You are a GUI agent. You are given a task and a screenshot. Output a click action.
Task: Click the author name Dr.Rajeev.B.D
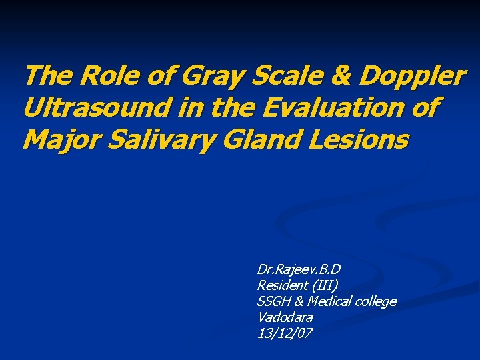point(299,270)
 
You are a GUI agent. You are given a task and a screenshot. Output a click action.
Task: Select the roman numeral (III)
point(325,286)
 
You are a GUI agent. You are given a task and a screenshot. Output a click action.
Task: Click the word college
point(377,302)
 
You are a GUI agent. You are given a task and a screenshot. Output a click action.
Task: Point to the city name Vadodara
point(285,317)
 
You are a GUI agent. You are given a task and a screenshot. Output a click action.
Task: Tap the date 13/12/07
point(284,333)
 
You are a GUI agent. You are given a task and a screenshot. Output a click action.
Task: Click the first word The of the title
point(44,76)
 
